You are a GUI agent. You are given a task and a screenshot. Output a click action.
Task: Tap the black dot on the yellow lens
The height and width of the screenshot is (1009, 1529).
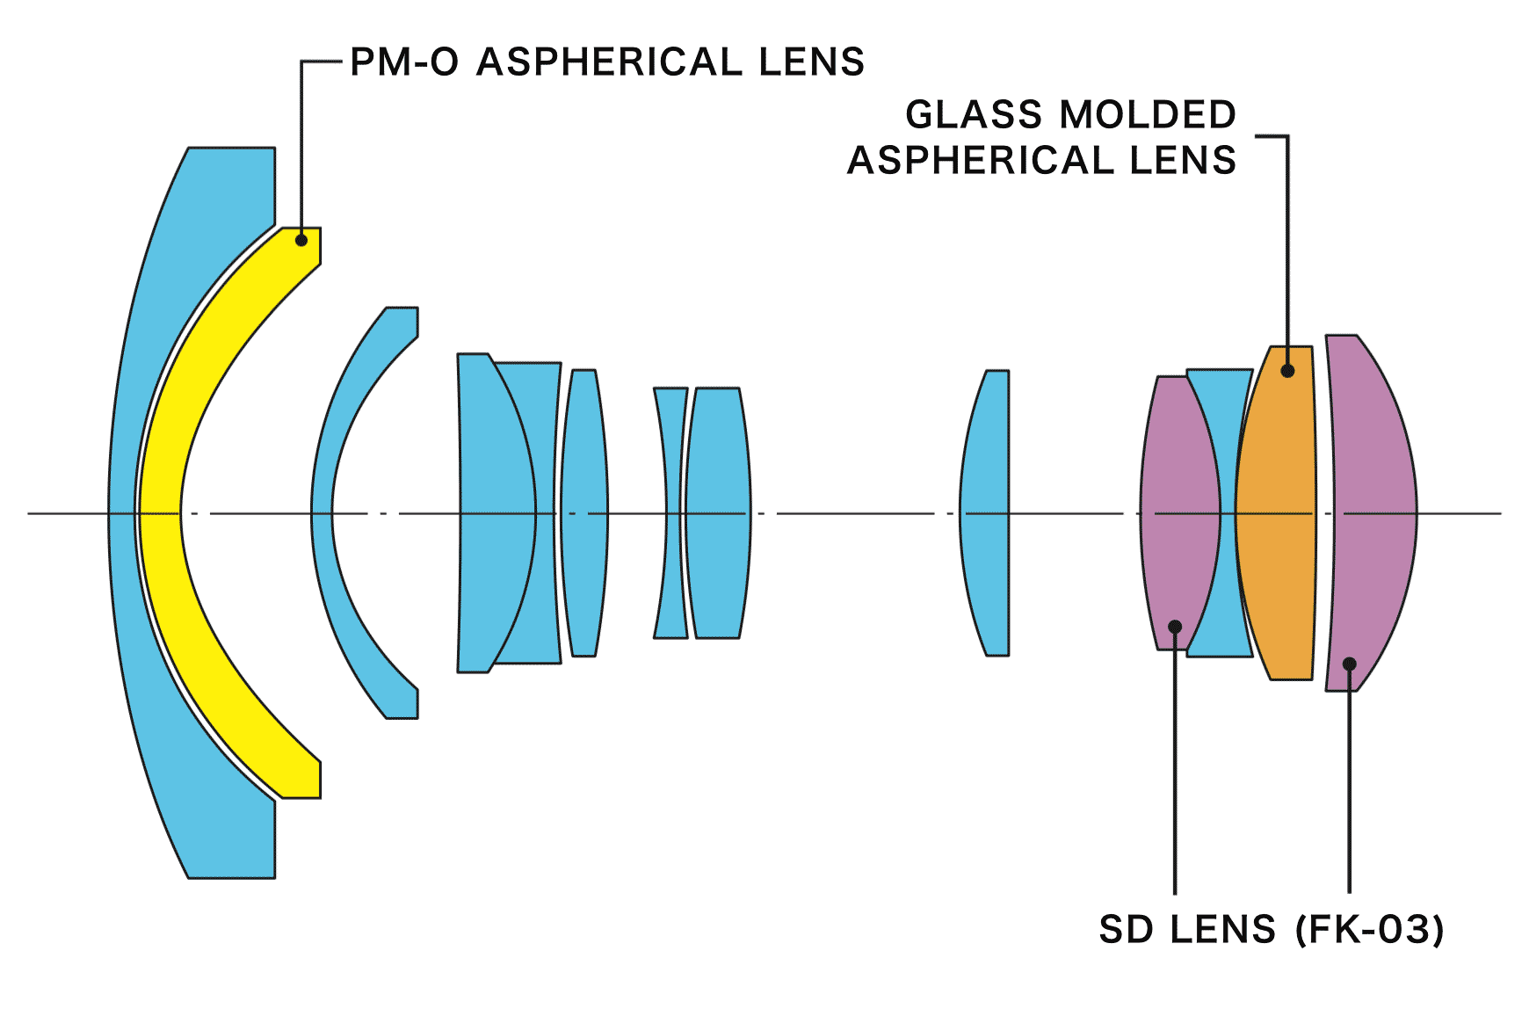point(301,239)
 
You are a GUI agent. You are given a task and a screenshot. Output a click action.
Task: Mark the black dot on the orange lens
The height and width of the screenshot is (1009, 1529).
point(1287,371)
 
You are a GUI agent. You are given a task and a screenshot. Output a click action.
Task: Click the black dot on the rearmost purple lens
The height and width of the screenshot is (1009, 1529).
point(1350,664)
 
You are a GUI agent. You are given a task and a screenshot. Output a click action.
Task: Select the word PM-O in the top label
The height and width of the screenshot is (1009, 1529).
point(404,62)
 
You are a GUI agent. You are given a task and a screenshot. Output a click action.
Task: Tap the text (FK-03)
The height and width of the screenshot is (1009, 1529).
point(1369,930)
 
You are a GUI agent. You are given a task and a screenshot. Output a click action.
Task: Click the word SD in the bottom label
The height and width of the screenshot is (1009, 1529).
point(1126,930)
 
